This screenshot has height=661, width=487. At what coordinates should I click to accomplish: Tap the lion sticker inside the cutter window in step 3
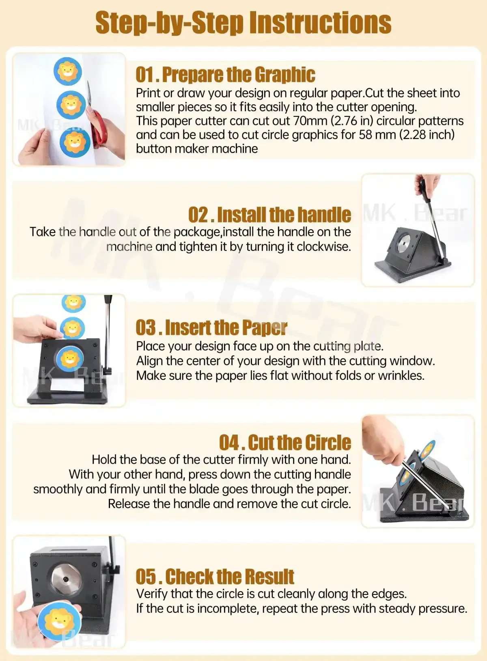70,359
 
